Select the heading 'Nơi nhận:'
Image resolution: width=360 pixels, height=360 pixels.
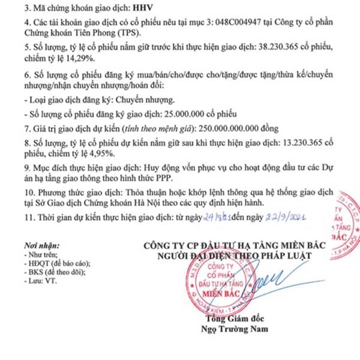[39, 246]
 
